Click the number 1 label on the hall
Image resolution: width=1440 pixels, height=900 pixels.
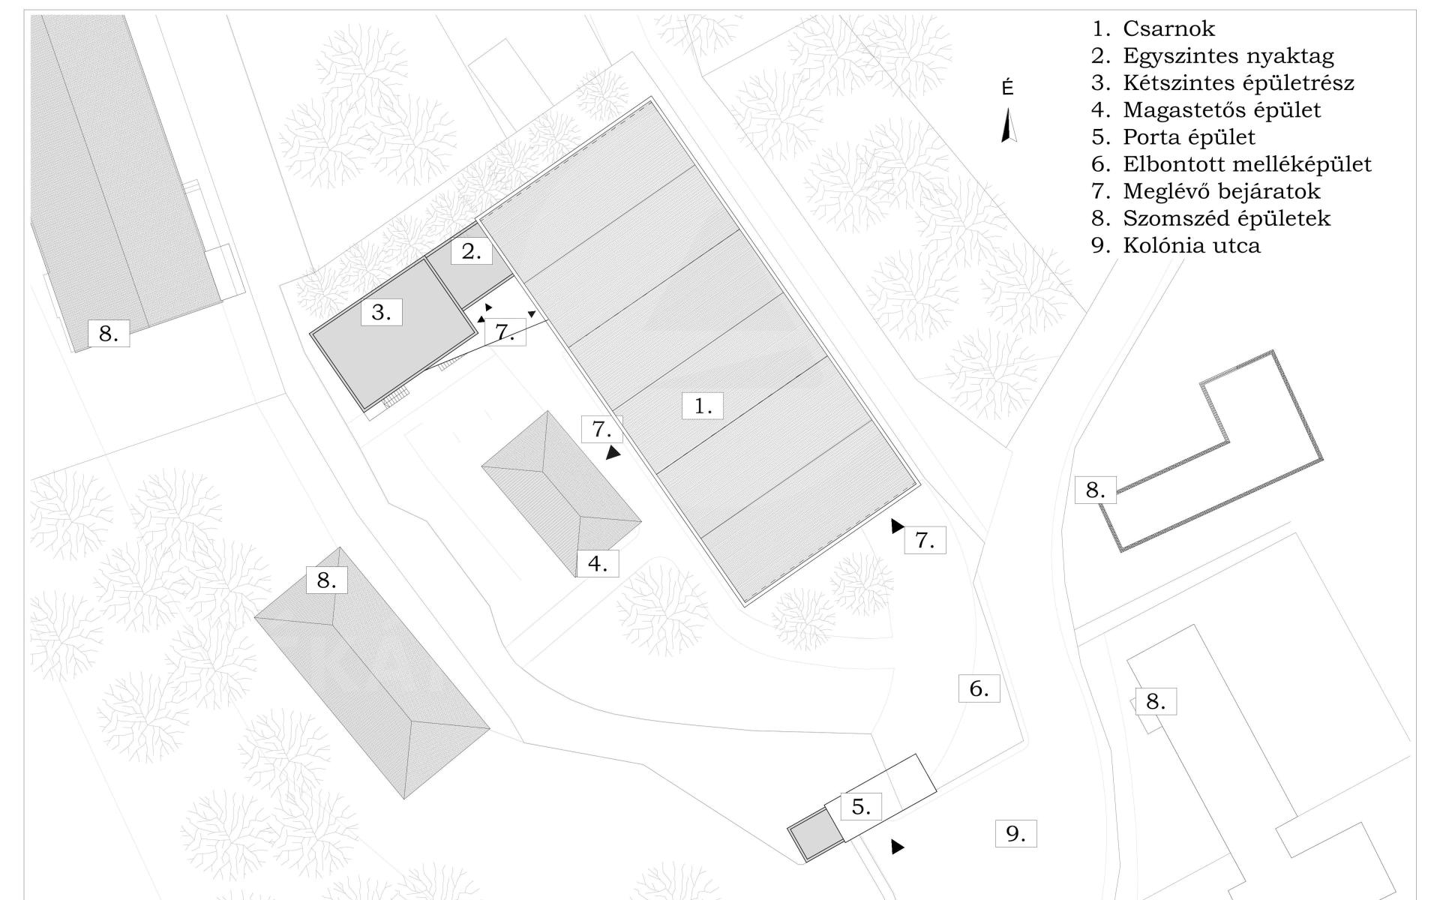click(702, 406)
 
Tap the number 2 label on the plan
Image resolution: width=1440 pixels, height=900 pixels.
click(471, 251)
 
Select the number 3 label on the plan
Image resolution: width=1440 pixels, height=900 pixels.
click(381, 311)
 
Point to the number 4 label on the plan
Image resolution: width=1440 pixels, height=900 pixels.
click(598, 562)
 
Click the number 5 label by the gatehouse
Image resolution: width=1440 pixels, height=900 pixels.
click(860, 806)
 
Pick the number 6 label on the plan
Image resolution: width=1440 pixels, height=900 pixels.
click(979, 688)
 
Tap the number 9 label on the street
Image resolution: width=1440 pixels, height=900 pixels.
click(1015, 833)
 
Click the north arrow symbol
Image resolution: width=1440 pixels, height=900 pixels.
click(1009, 125)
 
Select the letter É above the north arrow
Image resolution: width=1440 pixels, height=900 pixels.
click(1007, 88)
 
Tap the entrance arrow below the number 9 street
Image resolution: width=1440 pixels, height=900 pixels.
click(897, 847)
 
